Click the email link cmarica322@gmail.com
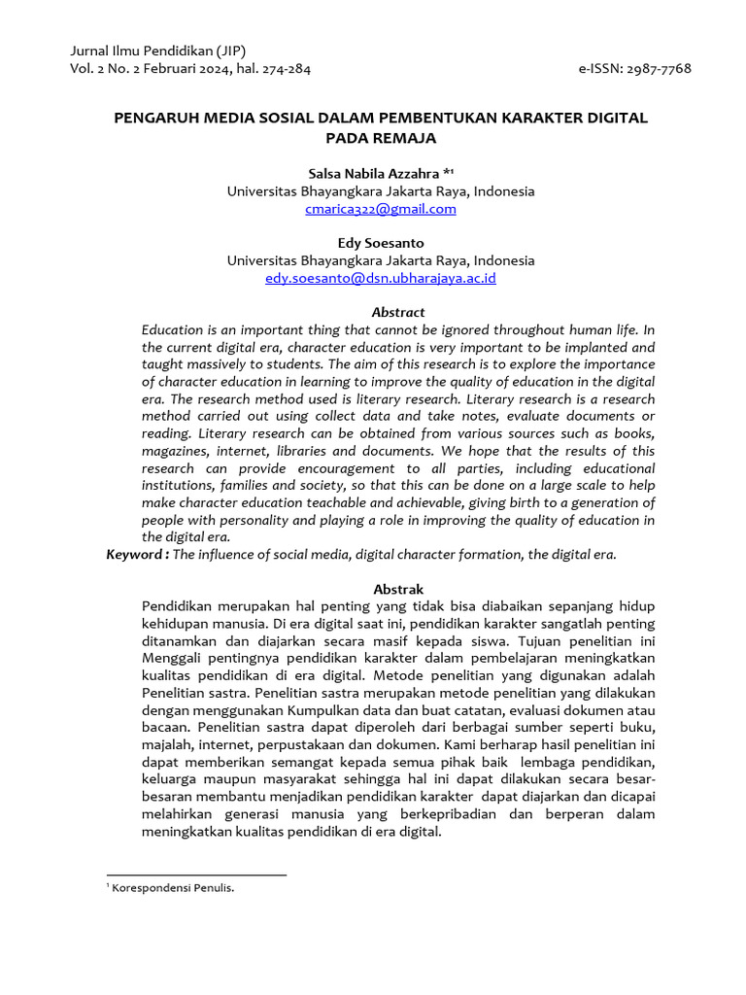[380, 209]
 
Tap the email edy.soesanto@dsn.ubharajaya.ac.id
[381, 278]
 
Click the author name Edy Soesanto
[380, 243]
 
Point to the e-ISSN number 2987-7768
[661, 69]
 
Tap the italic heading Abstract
[398, 312]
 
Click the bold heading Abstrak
[398, 589]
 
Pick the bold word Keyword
[135, 554]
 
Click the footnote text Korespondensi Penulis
[174, 888]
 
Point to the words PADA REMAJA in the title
[381, 138]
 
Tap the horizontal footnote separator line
[196, 875]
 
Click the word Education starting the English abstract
[173, 329]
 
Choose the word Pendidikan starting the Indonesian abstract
[178, 605]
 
